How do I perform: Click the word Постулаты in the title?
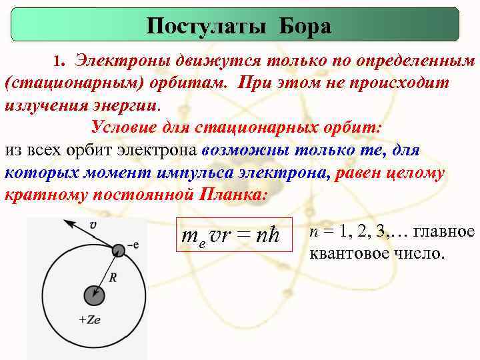click(200, 26)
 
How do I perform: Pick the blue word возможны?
click(245, 149)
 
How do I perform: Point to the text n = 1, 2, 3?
click(347, 231)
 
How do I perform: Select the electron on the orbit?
click(118, 251)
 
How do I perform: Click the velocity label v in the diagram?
click(93, 225)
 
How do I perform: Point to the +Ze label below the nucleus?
click(89, 319)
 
